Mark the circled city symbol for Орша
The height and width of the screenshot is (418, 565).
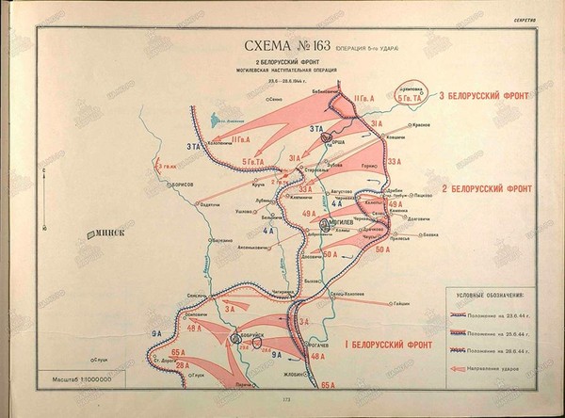click(328, 136)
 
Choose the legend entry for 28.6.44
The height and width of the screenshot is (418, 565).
click(491, 351)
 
